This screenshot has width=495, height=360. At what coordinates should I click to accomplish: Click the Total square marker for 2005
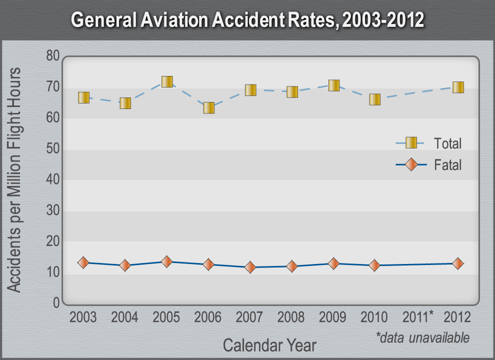(x=167, y=82)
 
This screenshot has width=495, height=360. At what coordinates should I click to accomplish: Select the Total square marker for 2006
(x=208, y=108)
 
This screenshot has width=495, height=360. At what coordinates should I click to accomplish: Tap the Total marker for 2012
(x=458, y=87)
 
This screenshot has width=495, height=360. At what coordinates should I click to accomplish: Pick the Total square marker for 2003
(x=83, y=98)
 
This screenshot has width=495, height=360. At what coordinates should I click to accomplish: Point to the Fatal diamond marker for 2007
(x=250, y=267)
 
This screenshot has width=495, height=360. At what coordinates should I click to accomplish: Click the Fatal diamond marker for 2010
(x=374, y=265)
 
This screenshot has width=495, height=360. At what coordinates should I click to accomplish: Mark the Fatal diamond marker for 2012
(x=458, y=263)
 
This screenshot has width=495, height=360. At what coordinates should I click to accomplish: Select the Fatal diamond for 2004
(x=125, y=265)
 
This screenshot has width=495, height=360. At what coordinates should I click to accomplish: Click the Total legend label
(x=447, y=143)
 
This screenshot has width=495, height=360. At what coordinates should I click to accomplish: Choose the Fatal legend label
(x=447, y=164)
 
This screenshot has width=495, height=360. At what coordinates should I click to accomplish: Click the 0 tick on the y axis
(x=55, y=303)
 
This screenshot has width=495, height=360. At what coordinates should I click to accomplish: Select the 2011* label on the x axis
(x=418, y=316)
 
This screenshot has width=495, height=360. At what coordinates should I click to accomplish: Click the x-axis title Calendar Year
(x=269, y=345)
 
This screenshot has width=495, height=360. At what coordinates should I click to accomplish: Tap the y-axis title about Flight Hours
(x=14, y=180)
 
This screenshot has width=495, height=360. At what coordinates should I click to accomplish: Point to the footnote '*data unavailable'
(x=423, y=337)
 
